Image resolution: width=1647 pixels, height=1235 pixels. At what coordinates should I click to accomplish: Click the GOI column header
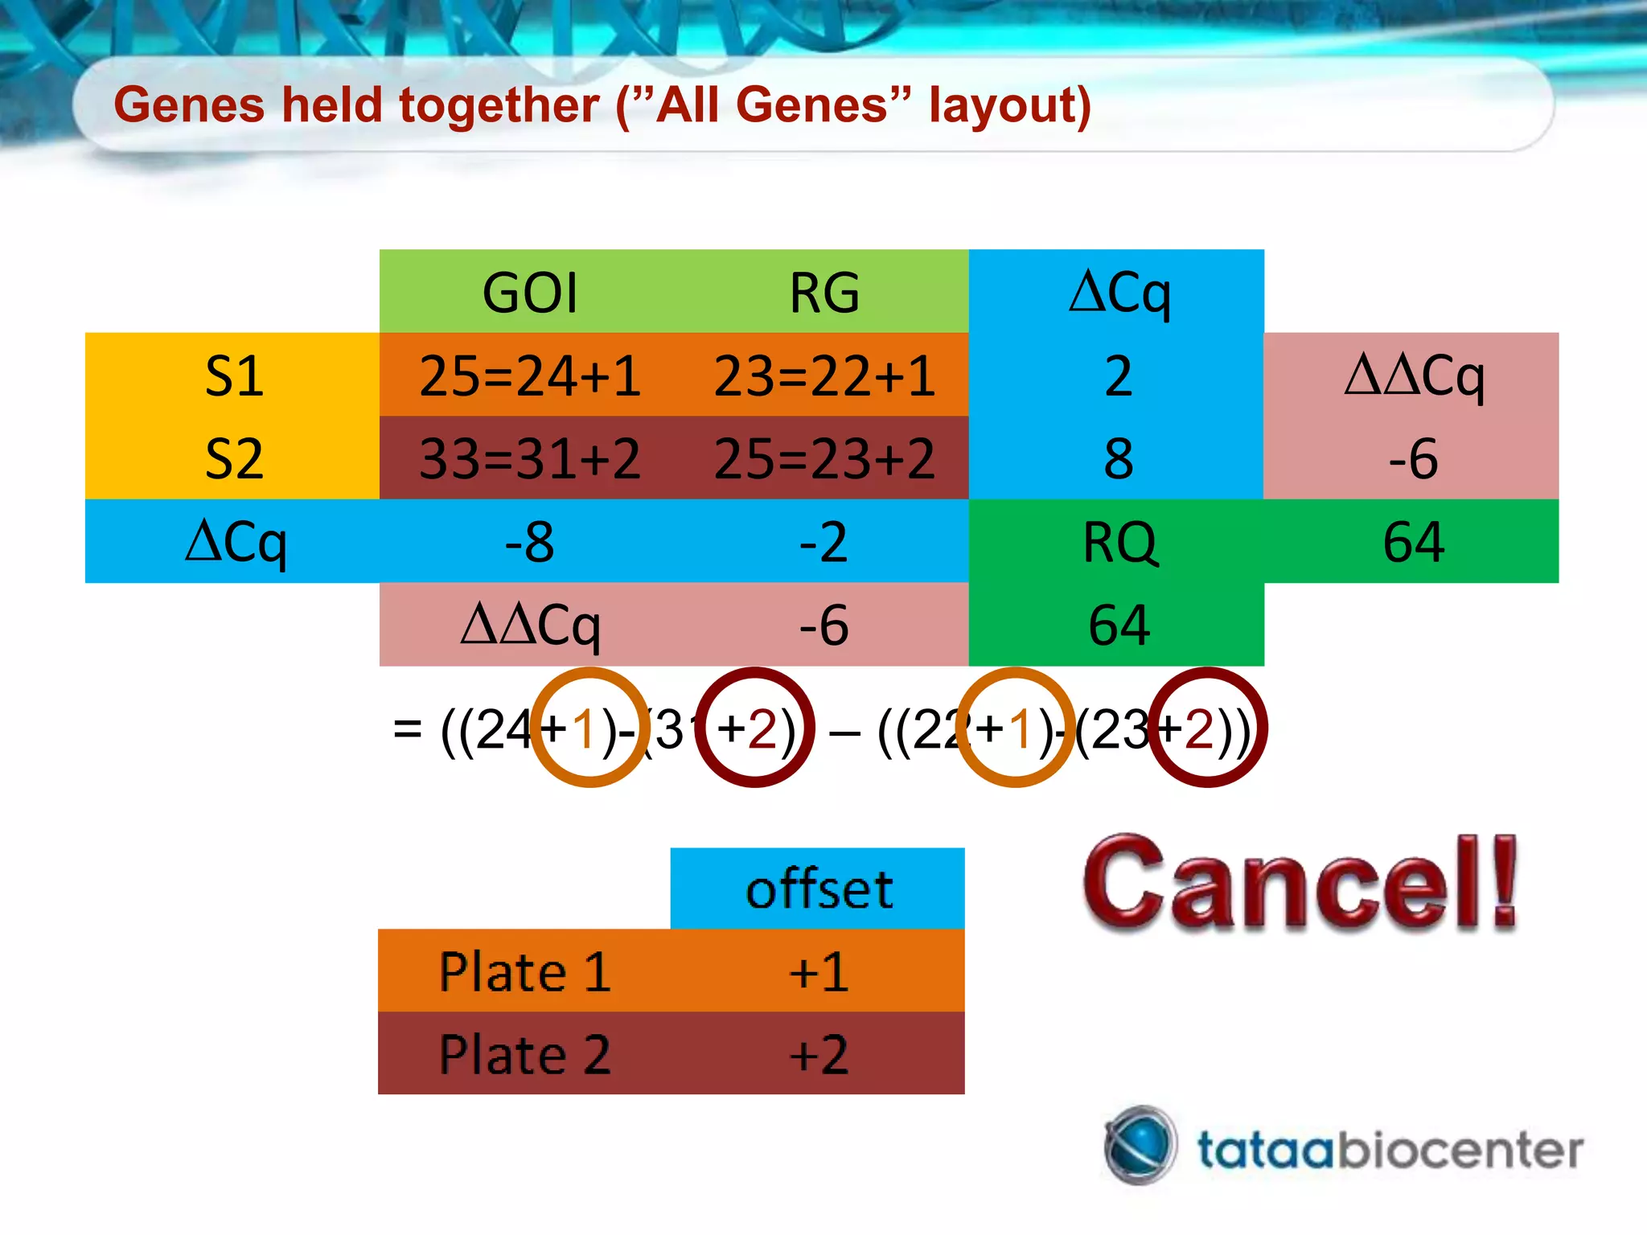pos(530,292)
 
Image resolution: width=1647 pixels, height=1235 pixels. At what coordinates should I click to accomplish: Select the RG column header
pos(824,292)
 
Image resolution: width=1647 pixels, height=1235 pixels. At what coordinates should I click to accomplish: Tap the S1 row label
pos(233,375)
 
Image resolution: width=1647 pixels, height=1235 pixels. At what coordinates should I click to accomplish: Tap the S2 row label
pos(233,458)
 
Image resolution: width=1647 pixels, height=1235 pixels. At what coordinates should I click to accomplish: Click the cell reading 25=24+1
pos(530,375)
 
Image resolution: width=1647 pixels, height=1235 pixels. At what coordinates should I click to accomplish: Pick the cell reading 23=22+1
pos(824,375)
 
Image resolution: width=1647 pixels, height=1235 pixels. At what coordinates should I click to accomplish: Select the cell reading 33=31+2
pos(530,458)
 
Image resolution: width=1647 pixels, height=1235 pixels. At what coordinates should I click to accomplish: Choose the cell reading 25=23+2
pos(824,458)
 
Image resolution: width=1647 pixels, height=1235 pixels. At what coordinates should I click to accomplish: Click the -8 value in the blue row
pos(529,542)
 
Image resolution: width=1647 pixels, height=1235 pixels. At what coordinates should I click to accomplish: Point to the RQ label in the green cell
pos(1119,542)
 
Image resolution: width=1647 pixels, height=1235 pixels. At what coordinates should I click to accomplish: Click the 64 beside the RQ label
pos(1413,542)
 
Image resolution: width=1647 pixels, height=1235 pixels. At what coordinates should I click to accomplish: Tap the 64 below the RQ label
pos(1119,626)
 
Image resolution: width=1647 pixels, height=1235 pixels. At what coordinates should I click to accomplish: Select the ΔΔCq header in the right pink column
pos(1413,375)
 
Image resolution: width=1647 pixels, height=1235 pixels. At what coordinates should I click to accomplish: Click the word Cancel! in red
pos(1299,884)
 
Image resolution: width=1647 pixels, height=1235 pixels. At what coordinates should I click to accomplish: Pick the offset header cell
pos(819,889)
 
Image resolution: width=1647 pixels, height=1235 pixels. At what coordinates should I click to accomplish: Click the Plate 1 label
pos(525,972)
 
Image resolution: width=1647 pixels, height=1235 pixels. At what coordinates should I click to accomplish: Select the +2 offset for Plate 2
pos(819,1055)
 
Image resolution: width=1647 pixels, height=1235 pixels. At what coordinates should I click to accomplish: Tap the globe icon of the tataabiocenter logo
pos(1140,1145)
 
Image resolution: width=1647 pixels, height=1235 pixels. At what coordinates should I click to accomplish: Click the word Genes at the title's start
pos(189,105)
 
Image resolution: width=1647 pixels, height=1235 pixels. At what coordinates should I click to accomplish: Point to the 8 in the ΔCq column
pos(1119,458)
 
